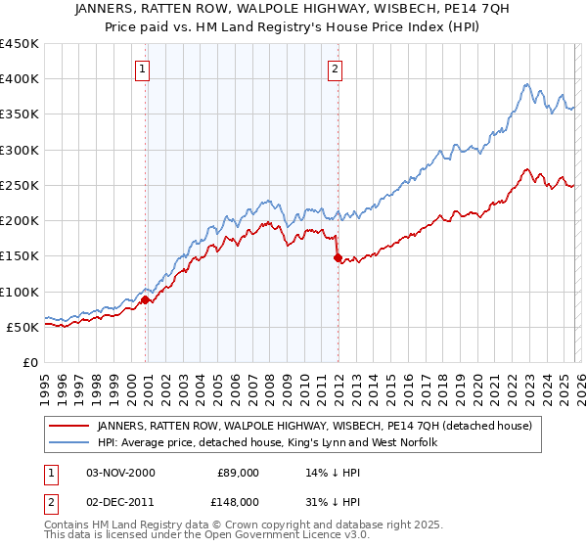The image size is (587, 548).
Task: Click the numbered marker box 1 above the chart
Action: (x=144, y=68)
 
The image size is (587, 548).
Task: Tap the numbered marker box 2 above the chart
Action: (x=336, y=68)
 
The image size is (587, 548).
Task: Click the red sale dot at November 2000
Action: (x=146, y=299)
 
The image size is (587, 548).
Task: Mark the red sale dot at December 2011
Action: (x=338, y=257)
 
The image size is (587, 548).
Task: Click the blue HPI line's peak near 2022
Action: (x=526, y=84)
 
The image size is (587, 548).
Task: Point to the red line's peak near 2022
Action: (x=526, y=168)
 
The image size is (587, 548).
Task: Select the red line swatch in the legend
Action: (x=69, y=426)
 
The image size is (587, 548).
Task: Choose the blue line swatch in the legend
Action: (x=69, y=443)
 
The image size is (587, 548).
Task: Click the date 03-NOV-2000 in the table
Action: (x=120, y=472)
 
